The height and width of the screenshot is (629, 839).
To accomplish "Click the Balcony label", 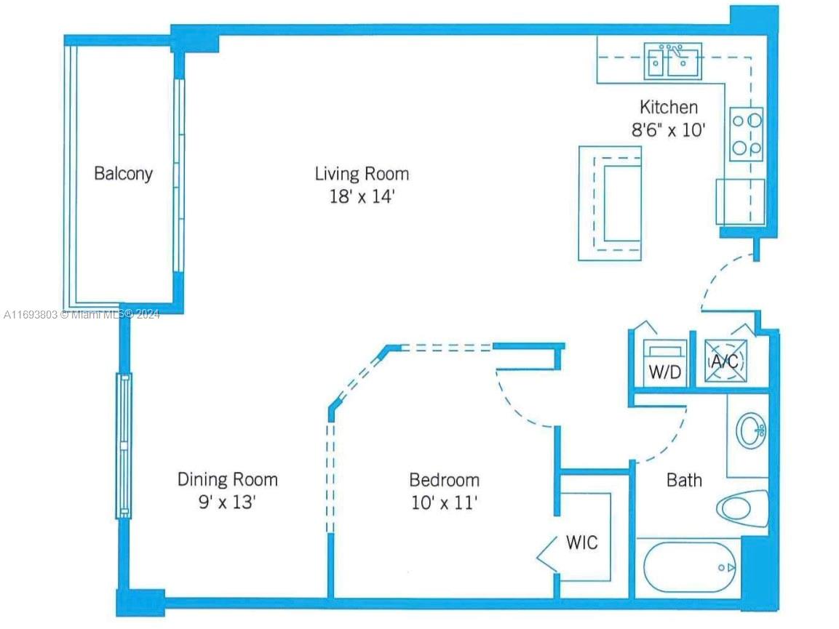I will click(123, 174).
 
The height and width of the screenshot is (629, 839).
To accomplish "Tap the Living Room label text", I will click(362, 174).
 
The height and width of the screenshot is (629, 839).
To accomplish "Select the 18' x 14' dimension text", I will click(362, 197).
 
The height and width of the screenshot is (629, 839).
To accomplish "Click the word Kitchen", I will click(668, 108).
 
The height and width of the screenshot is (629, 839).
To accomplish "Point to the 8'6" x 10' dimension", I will click(668, 131).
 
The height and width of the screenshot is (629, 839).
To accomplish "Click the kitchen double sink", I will click(672, 62).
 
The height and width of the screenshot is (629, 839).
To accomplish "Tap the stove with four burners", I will click(747, 135).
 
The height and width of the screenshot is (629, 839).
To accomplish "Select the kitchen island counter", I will click(610, 203).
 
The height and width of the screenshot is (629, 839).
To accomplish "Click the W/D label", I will click(665, 372).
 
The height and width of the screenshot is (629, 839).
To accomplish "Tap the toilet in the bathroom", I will click(743, 507).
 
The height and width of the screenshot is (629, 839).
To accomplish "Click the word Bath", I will click(684, 480).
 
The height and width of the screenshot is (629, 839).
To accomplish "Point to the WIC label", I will click(581, 542).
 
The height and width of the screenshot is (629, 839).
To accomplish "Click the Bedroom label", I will click(444, 480).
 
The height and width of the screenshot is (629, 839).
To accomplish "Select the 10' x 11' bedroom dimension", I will click(444, 502).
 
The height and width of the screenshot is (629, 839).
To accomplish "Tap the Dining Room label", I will click(227, 480).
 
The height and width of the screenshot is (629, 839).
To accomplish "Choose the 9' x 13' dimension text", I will click(227, 502).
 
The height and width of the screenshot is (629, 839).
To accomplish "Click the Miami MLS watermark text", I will click(81, 314).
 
